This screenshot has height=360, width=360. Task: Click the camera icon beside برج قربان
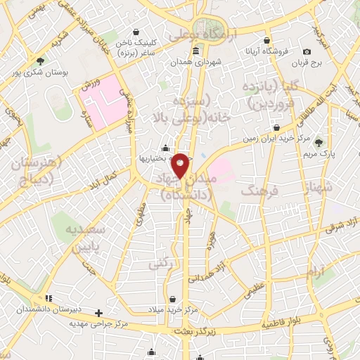click(x=307, y=52)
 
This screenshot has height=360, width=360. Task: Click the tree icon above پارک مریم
click(x=319, y=142)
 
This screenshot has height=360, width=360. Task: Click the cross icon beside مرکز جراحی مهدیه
click(x=99, y=313)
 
